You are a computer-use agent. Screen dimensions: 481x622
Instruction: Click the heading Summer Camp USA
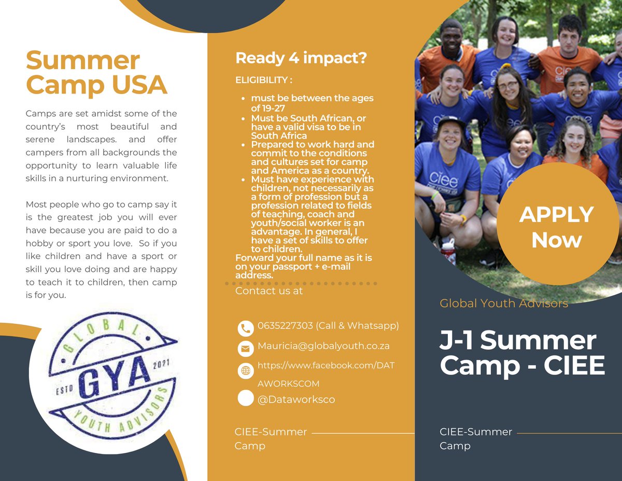pyautogui.click(x=96, y=72)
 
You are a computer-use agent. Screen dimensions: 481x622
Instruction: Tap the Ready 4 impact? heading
pyautogui.click(x=301, y=58)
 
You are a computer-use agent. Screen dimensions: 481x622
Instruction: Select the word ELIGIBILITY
pyautogui.click(x=261, y=80)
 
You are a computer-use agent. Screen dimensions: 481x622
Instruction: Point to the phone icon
pyautogui.click(x=245, y=328)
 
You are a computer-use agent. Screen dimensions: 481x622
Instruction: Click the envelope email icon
pyautogui.click(x=245, y=349)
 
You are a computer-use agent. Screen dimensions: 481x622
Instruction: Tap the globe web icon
pyautogui.click(x=245, y=370)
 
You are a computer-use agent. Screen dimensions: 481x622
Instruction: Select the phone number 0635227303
pyautogui.click(x=285, y=326)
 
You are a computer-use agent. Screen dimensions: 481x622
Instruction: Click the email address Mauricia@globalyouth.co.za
pyautogui.click(x=323, y=346)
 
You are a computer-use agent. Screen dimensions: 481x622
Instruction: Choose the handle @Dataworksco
pyautogui.click(x=296, y=400)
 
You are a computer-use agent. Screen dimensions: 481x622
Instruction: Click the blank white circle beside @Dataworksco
pyautogui.click(x=245, y=398)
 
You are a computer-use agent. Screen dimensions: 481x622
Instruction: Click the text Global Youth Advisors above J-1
pyautogui.click(x=504, y=303)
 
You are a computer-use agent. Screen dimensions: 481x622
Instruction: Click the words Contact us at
pyautogui.click(x=268, y=291)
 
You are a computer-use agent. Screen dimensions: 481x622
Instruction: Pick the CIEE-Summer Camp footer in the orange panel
pyautogui.click(x=271, y=438)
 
